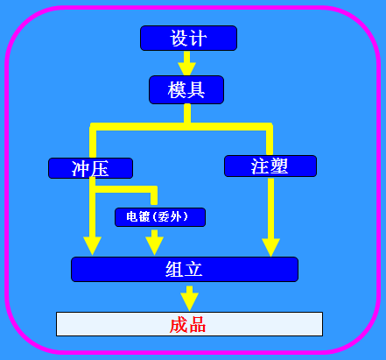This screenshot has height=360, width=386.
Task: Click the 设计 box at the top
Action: [188, 38]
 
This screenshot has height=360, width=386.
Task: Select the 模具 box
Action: [186, 89]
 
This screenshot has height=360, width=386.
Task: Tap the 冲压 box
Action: [90, 168]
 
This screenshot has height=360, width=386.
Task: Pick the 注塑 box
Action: [270, 166]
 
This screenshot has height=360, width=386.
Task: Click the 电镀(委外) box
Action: [160, 217]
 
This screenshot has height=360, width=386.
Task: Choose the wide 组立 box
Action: [185, 269]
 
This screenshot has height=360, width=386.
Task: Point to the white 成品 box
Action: [189, 324]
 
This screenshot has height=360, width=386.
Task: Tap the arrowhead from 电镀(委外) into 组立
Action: [154, 246]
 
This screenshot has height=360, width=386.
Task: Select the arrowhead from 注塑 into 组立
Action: [270, 248]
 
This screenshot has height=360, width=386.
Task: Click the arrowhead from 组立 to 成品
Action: [189, 302]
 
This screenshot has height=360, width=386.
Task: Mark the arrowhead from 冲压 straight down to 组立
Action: [92, 246]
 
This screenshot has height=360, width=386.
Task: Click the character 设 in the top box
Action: [179, 38]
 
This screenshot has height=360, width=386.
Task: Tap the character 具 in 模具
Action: [195, 89]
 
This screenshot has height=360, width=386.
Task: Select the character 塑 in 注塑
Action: [279, 166]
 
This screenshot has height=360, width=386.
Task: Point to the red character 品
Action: [197, 325]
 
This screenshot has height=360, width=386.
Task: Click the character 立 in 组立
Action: [193, 269]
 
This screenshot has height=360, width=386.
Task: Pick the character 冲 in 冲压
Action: [81, 168]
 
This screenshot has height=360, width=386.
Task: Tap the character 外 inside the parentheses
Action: [176, 217]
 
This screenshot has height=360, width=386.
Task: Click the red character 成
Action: [179, 325]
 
